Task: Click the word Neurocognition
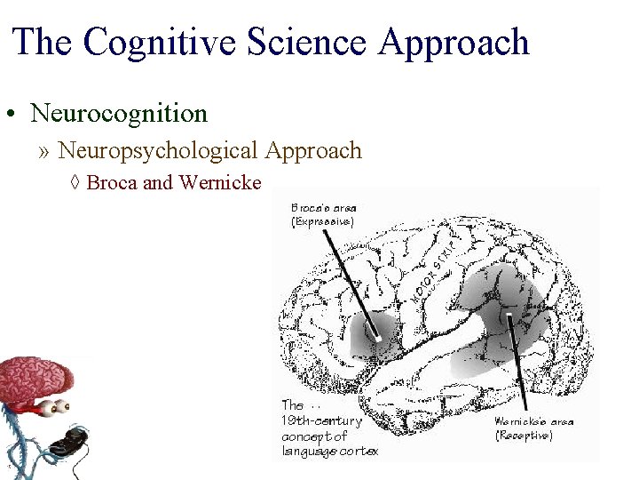tap(119, 114)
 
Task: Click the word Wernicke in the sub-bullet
tap(220, 183)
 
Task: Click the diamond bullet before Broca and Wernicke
tap(75, 183)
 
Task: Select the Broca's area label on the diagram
tap(324, 208)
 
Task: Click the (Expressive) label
tap(322, 221)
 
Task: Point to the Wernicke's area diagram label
tap(534, 421)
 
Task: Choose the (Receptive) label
tap(524, 436)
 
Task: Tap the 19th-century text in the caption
tap(321, 421)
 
